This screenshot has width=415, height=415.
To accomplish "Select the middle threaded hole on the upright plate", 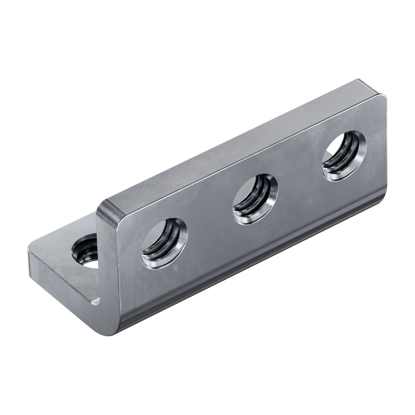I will pos(255,199).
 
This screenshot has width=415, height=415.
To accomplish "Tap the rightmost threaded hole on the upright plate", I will pos(344,156).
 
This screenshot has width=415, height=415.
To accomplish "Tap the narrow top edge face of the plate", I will pos(239,144).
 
